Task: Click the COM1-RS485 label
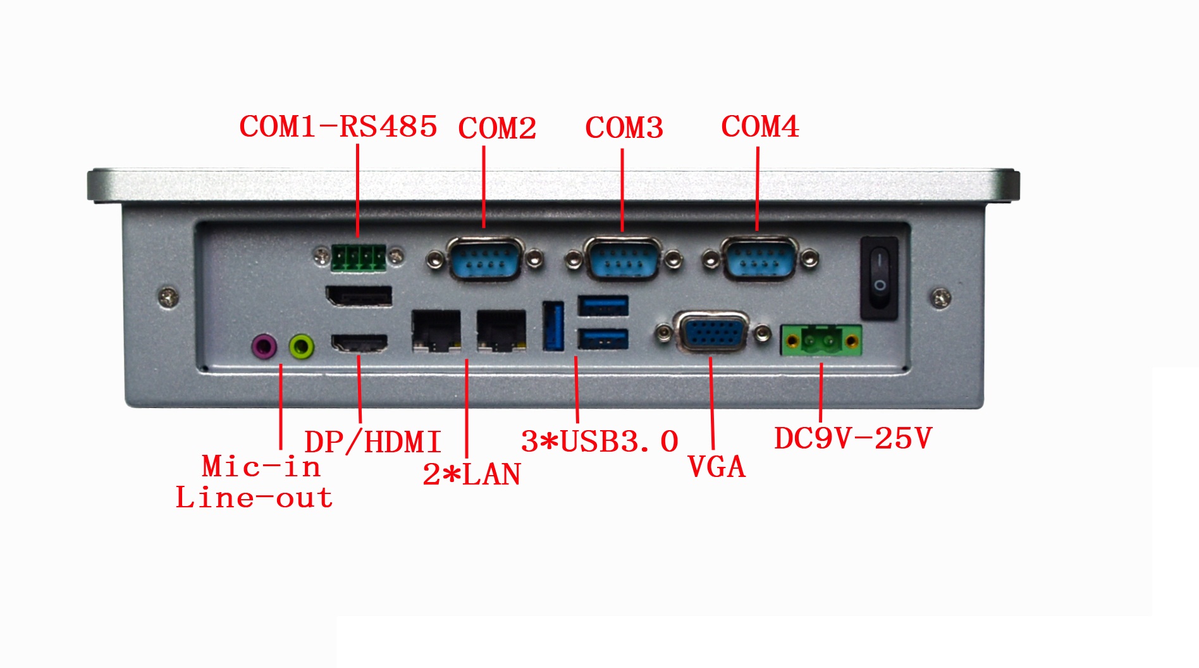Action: click(x=338, y=127)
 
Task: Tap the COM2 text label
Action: click(x=497, y=128)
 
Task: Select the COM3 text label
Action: click(x=624, y=128)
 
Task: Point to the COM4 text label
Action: click(x=760, y=127)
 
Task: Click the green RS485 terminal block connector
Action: click(x=358, y=257)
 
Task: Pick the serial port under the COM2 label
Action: click(x=484, y=258)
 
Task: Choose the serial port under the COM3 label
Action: click(x=624, y=258)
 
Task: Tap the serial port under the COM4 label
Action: click(x=759, y=258)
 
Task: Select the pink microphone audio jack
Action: click(x=264, y=347)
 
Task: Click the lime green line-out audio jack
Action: click(x=301, y=347)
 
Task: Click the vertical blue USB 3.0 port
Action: click(x=553, y=326)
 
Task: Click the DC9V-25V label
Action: click(x=853, y=438)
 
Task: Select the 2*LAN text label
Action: click(x=472, y=474)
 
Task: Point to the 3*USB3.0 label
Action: click(x=599, y=442)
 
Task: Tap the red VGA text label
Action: click(x=716, y=467)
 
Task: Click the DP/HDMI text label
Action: click(x=372, y=442)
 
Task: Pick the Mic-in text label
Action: click(x=261, y=467)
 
